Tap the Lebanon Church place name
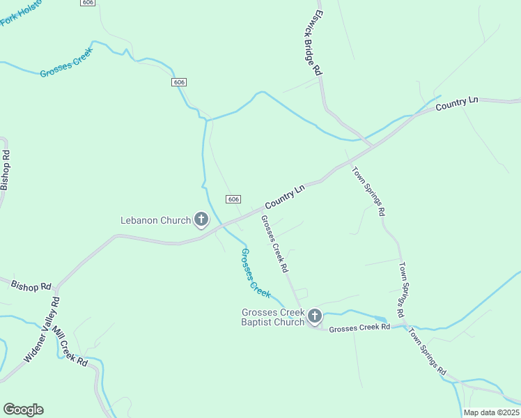coord(157,221)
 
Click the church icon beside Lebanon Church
coord(201,221)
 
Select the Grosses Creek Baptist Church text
coord(273,317)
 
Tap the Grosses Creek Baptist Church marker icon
coord(315,317)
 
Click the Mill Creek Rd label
coord(71,350)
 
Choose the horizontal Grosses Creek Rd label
coord(359,327)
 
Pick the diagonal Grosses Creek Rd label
coord(274,243)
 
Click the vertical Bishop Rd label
coord(6,171)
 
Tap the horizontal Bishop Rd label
coord(31,285)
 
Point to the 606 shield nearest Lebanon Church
coord(233,199)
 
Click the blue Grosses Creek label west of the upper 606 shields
coord(66,67)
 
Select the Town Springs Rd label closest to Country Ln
coord(368,192)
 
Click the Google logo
coord(23,410)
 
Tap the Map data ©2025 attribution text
coord(491,412)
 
